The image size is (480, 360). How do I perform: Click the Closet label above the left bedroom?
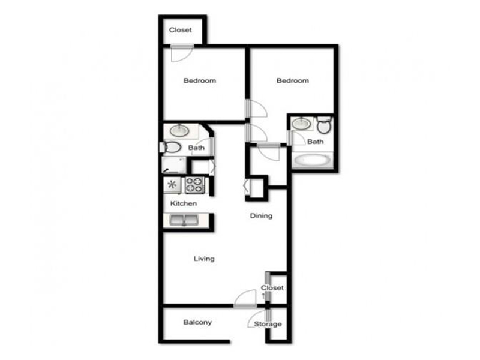(181, 30)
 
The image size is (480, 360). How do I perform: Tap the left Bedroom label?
(200, 80)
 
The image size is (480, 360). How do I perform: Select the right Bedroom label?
(293, 80)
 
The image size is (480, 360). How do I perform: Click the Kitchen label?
(184, 203)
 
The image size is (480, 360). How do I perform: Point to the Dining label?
(261, 216)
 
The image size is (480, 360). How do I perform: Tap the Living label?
(204, 259)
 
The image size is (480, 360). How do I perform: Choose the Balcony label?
(197, 322)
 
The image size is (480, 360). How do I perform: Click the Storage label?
(268, 324)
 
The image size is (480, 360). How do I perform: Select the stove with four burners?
(194, 185)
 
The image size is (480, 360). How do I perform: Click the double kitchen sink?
(184, 220)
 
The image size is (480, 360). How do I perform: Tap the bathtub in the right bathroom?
(312, 160)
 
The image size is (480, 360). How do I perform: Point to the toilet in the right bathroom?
(324, 125)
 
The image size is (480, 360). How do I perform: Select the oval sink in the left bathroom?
(179, 131)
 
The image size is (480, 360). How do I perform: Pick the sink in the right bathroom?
(302, 124)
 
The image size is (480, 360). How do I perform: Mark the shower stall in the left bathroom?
(174, 166)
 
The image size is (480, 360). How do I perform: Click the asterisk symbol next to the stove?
(172, 185)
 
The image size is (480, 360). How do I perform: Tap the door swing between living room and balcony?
(245, 298)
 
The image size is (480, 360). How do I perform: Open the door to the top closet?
(182, 53)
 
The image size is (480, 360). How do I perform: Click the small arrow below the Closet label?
(263, 296)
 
